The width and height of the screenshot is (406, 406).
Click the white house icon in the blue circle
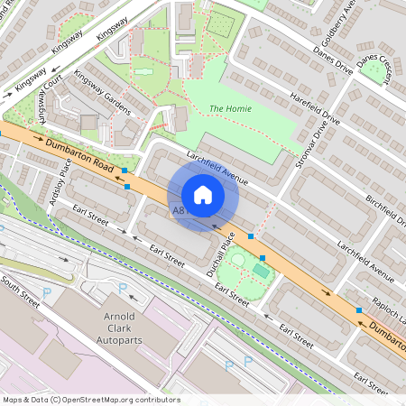pos(203,195)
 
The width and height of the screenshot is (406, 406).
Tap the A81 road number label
pos(179,210)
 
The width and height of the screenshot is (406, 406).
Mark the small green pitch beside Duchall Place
pos(261,270)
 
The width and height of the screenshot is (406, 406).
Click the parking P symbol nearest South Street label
pos(46,293)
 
